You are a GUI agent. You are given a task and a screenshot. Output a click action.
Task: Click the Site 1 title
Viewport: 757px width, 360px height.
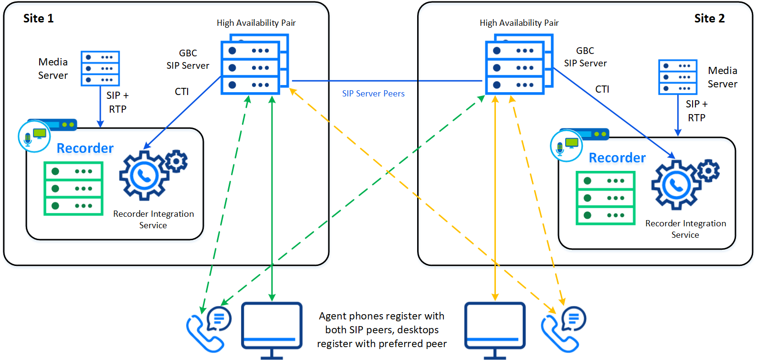pos(38,18)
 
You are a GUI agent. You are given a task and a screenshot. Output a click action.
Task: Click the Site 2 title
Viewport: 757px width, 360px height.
pos(709,18)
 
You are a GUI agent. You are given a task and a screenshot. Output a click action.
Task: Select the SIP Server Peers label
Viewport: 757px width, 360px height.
pos(373,94)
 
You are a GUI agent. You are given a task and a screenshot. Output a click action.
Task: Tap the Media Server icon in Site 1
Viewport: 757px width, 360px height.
pos(100,68)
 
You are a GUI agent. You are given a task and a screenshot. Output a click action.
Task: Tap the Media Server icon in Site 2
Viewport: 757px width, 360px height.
pos(678,77)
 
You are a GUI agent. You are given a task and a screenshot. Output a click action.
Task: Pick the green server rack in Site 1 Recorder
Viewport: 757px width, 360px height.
pos(74,189)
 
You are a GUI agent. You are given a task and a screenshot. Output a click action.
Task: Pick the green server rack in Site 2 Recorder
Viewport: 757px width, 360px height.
pos(606,198)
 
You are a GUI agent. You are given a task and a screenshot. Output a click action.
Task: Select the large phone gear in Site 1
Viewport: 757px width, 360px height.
pos(144,176)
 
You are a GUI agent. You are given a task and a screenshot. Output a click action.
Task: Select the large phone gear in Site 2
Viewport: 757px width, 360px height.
pos(676,185)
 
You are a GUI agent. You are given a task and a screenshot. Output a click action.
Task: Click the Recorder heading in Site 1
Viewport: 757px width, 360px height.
pos(85,148)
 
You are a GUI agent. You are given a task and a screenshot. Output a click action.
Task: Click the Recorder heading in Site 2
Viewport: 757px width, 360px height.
pos(617,158)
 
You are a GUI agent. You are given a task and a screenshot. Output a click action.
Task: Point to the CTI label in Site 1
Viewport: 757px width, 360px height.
pos(182,91)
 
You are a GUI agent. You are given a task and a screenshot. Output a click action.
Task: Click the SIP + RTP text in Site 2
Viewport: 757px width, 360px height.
pos(696,111)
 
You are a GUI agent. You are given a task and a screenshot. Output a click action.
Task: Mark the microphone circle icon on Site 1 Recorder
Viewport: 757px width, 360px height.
pos(34,137)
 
